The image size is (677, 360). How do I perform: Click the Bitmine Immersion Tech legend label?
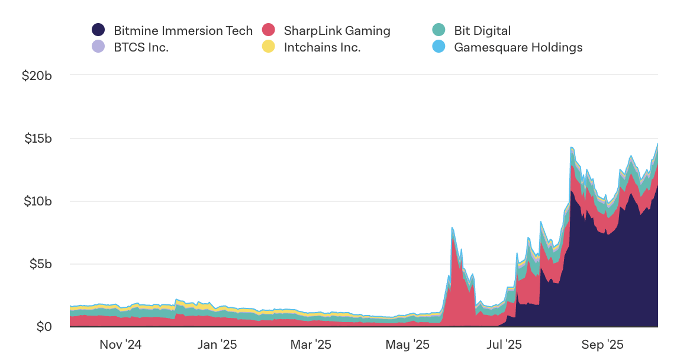pyautogui.click(x=183, y=30)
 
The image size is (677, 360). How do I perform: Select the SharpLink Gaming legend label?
pyautogui.click(x=337, y=30)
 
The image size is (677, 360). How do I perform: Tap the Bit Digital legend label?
pyautogui.click(x=482, y=30)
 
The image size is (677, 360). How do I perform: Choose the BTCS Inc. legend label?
pyautogui.click(x=141, y=47)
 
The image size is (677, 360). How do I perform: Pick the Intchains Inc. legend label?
pyautogui.click(x=322, y=47)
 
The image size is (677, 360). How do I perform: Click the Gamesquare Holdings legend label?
pyautogui.click(x=518, y=47)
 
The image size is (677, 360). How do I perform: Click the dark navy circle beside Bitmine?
pyautogui.click(x=98, y=30)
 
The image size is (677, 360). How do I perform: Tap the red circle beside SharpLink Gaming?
pyautogui.click(x=269, y=30)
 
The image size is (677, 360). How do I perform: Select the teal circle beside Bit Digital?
pyautogui.click(x=439, y=30)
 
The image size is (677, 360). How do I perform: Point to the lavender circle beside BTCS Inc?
pyautogui.click(x=98, y=47)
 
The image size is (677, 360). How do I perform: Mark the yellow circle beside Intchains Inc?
pyautogui.click(x=269, y=47)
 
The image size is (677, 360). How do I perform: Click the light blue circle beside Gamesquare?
pyautogui.click(x=439, y=47)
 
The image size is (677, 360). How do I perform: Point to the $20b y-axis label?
pyautogui.click(x=38, y=76)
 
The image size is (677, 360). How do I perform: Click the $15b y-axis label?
pyautogui.click(x=38, y=139)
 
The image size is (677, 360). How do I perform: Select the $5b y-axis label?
pyautogui.click(x=41, y=263)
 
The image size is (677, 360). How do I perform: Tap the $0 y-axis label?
pyautogui.click(x=44, y=326)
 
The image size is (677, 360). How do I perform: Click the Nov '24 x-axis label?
pyautogui.click(x=121, y=345)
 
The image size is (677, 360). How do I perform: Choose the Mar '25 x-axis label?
pyautogui.click(x=311, y=345)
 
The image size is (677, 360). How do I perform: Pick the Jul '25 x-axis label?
pyautogui.click(x=505, y=345)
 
